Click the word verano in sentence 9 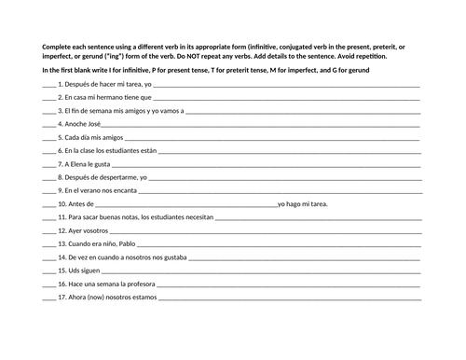click(x=102, y=190)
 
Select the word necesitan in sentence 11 click(x=196, y=217)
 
